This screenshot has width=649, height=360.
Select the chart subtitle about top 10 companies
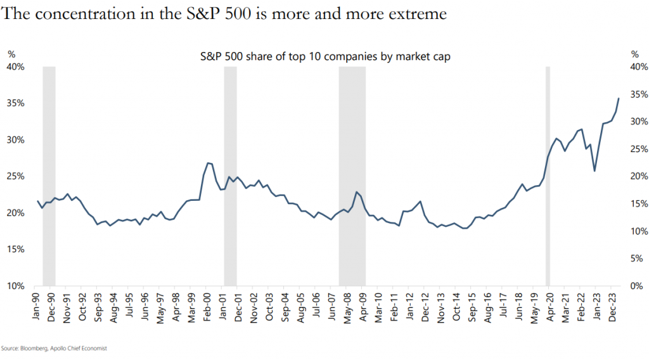pos(324,56)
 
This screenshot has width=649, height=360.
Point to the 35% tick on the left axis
pos(16,103)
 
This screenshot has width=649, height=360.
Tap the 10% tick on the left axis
pos(16,286)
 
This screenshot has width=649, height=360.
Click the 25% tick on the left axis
pos(16,176)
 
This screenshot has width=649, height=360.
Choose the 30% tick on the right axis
pos(638,122)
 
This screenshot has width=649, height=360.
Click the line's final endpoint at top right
pos(619,98)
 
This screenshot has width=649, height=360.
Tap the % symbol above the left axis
pos(11,55)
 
